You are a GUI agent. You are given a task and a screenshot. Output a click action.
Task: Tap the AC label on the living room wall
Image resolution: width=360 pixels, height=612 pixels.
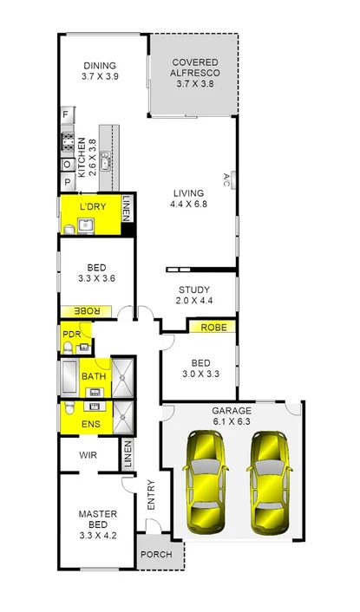tap(226, 179)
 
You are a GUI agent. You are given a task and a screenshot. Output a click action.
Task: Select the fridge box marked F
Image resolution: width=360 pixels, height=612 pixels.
tap(66, 114)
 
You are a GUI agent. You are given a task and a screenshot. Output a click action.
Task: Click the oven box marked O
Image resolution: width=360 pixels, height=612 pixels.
tap(66, 164)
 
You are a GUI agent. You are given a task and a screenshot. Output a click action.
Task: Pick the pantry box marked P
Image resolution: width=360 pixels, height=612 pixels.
tap(66, 182)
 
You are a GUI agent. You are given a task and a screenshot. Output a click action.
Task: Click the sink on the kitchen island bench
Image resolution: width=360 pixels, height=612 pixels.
tap(105, 160)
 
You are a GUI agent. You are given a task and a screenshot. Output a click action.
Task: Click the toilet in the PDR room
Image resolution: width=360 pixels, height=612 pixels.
tap(67, 347)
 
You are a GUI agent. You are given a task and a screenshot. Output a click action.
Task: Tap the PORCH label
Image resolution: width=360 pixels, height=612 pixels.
tap(156, 555)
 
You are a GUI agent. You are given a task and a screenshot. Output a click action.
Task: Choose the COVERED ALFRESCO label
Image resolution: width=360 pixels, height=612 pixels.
tap(194, 68)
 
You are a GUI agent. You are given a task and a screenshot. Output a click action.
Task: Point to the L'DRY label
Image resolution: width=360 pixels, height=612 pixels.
tap(92, 207)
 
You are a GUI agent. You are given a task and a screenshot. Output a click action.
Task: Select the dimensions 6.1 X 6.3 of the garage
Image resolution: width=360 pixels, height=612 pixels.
tap(232, 421)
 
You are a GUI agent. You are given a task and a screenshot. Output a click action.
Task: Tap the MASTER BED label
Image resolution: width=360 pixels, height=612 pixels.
tap(97, 519)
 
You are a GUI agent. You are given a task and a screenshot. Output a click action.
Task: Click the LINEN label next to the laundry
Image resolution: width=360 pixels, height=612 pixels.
tap(127, 208)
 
